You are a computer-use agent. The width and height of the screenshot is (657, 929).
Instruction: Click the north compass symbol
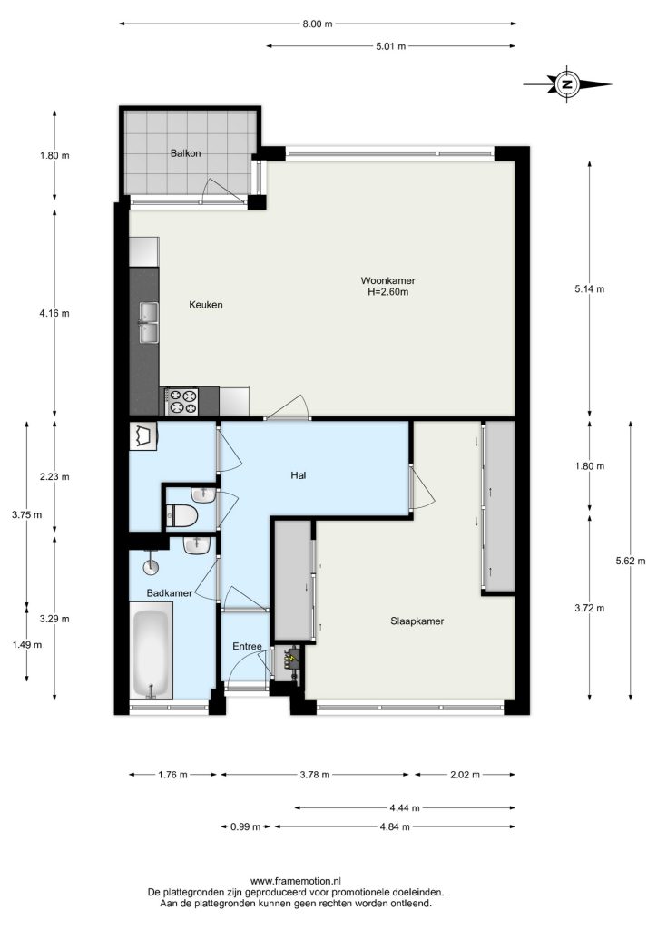click(567, 84)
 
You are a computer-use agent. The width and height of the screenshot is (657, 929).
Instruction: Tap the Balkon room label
click(185, 153)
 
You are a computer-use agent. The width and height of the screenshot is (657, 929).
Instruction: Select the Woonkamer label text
click(388, 281)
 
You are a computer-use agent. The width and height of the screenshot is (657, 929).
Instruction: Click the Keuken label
click(206, 305)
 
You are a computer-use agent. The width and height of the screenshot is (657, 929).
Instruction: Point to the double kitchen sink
click(149, 322)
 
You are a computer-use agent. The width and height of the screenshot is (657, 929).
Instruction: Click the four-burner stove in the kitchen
click(181, 401)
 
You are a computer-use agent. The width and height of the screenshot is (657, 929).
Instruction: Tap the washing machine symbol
click(143, 436)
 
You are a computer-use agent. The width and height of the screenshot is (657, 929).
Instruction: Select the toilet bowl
click(181, 515)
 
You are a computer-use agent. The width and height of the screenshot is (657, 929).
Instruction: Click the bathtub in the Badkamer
click(151, 650)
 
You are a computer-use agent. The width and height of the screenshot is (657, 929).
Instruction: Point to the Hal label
click(299, 475)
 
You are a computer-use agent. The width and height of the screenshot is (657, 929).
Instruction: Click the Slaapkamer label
click(417, 621)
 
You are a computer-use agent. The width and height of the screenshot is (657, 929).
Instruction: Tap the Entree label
click(247, 646)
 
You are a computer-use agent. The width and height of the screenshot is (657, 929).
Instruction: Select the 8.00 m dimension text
click(318, 24)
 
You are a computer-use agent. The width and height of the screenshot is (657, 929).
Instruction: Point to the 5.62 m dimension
click(631, 561)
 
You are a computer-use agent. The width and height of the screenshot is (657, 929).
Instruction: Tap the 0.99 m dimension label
click(245, 827)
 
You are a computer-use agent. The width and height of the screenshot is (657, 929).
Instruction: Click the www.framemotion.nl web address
click(296, 882)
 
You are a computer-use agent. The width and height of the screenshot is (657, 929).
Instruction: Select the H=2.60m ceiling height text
click(388, 292)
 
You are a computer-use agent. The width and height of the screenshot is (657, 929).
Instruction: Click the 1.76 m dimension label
click(172, 775)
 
